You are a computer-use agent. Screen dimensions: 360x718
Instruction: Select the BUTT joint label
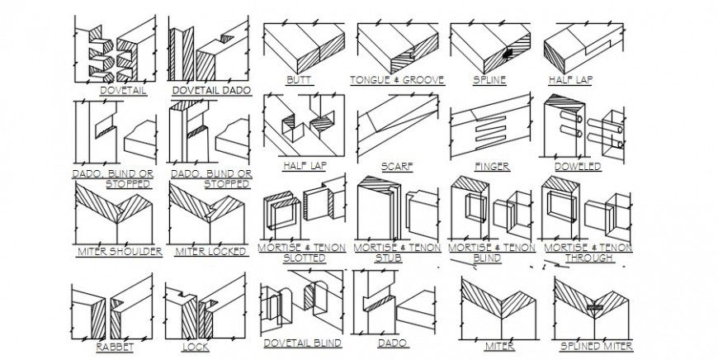[x=294, y=80]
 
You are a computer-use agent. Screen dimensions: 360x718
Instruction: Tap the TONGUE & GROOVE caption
[x=397, y=80]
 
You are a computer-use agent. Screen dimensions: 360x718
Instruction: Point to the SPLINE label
[x=489, y=80]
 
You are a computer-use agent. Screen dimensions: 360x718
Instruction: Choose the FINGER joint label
[x=492, y=166]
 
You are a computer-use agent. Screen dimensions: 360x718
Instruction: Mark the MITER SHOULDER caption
[x=119, y=251]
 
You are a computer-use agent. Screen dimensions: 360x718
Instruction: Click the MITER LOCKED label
[x=209, y=251]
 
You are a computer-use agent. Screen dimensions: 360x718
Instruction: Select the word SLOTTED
[x=304, y=258]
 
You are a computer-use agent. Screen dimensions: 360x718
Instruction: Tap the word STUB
[x=397, y=258]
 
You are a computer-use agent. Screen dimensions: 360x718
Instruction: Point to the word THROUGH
[x=588, y=258]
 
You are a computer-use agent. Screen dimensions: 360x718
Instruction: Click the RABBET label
[x=115, y=347]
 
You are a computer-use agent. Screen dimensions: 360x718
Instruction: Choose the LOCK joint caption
[x=196, y=347]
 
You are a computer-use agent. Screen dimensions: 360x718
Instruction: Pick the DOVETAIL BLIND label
[x=302, y=341]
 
